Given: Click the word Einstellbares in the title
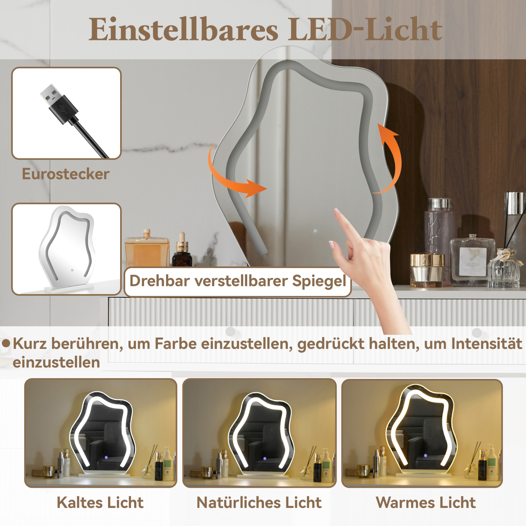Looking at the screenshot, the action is [183, 29].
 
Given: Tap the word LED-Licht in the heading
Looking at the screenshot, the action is [365, 29].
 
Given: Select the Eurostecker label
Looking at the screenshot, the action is [66, 174].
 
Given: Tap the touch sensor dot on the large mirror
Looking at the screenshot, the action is [315, 231].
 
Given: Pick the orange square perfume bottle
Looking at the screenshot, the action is [147, 248].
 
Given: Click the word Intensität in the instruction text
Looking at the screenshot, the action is [487, 343].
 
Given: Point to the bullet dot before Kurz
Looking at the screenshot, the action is [6, 343].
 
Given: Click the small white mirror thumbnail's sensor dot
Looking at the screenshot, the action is [72, 270].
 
